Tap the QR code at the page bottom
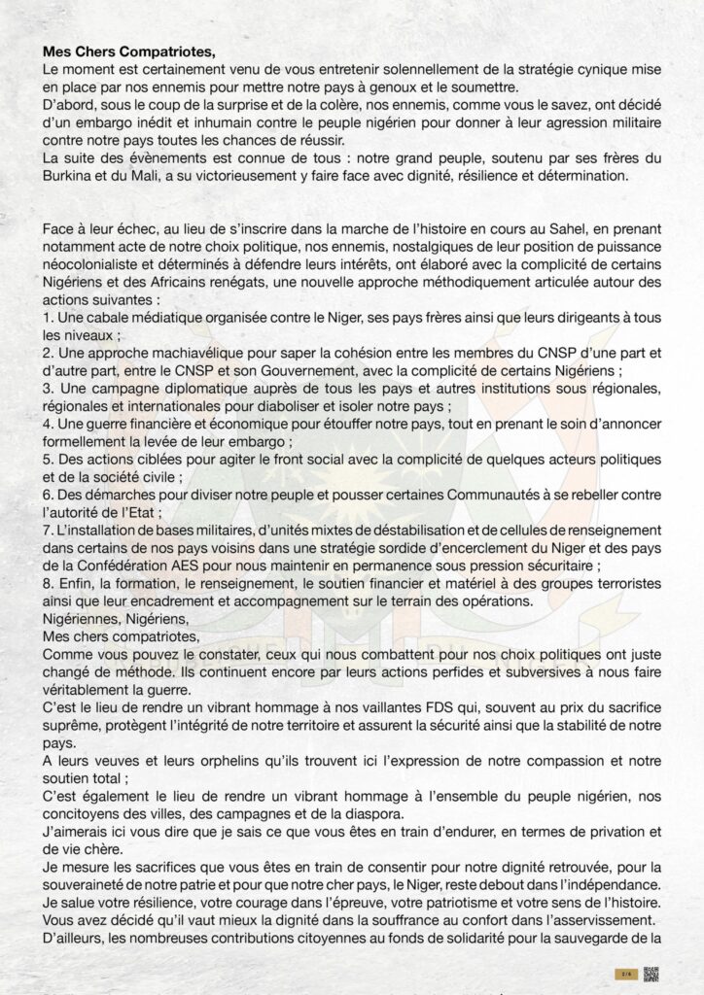651,975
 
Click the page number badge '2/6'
624,975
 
